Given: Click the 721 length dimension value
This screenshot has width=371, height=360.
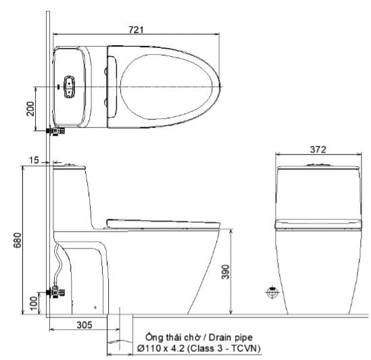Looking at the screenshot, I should pos(136,29).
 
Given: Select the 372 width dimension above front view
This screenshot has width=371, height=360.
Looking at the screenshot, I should pos(318,150).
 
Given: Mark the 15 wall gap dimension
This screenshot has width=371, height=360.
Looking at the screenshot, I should pos(35,160).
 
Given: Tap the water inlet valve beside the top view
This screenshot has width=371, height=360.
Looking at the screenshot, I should pos(55,130).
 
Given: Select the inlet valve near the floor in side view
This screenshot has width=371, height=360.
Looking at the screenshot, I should pos(57,293).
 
